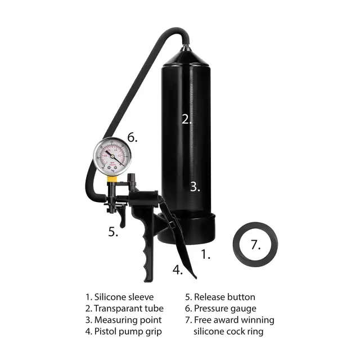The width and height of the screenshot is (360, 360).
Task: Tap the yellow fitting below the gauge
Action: (x=112, y=179)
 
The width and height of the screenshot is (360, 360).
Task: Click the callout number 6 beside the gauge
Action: (x=133, y=137)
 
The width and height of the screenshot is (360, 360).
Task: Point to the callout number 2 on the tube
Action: (x=187, y=119)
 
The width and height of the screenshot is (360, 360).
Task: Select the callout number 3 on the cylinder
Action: (x=195, y=186)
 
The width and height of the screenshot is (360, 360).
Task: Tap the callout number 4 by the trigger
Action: (x=178, y=269)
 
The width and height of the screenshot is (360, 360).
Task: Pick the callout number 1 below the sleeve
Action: (x=206, y=254)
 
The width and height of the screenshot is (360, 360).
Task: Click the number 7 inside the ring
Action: (x=255, y=245)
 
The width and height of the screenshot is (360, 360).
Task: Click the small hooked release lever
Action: (x=122, y=218)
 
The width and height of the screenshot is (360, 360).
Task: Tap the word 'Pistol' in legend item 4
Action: (x=104, y=331)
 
